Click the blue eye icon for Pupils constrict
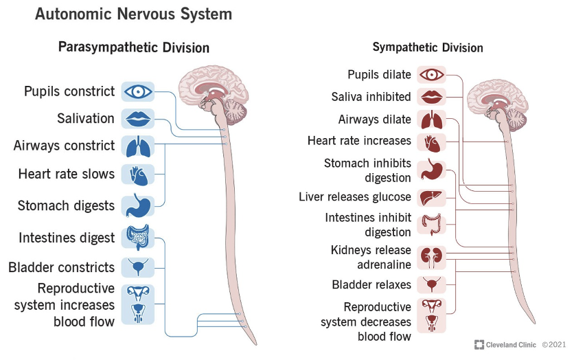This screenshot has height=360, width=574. (x=137, y=91)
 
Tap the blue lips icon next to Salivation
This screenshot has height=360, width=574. (x=137, y=118)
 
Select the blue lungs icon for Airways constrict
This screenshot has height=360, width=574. (x=137, y=146)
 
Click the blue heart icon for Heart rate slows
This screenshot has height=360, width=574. (x=137, y=174)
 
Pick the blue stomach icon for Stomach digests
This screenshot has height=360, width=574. (x=137, y=205)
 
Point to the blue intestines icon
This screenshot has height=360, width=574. (x=137, y=238)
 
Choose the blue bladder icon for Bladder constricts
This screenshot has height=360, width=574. (x=137, y=267)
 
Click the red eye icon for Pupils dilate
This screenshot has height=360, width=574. (x=432, y=74)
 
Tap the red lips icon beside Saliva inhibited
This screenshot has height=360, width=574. (x=432, y=96)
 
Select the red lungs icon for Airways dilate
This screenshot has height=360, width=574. (x=432, y=120)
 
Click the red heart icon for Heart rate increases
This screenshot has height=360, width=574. (x=432, y=142)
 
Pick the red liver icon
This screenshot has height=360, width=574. (x=432, y=197)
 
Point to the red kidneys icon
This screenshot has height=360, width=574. (x=432, y=256)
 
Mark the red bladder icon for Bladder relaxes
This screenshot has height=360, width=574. (x=432, y=284)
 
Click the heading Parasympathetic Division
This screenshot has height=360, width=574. (x=134, y=47)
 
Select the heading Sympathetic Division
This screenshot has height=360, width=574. (x=428, y=47)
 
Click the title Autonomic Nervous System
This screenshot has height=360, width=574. (x=133, y=14)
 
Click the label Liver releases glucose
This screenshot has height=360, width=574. (x=355, y=197)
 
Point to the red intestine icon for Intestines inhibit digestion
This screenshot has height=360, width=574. (x=432, y=225)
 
